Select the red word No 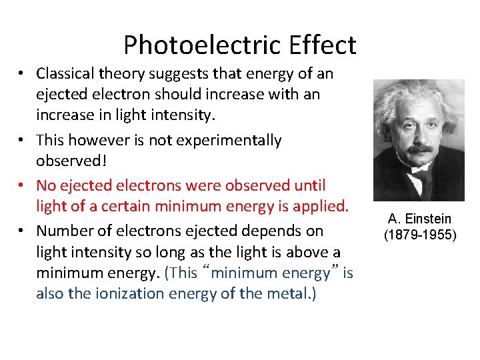pos(47,185)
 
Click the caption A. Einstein pos(419,219)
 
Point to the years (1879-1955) pos(419,235)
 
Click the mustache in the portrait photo pos(419,149)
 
